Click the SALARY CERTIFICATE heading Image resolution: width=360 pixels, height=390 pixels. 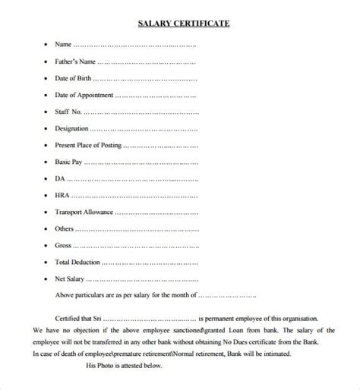(x=182, y=24)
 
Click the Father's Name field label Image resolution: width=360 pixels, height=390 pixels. (x=75, y=61)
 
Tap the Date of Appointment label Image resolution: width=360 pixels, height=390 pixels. (x=84, y=95)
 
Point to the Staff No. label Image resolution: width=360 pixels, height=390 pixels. (x=68, y=112)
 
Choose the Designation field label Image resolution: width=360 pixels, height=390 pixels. (x=71, y=128)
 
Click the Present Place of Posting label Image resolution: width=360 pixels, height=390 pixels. (x=87, y=145)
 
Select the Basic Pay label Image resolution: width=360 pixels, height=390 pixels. (x=68, y=162)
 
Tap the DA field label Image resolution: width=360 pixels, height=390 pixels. (x=59, y=178)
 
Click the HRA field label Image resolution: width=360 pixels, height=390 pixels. (x=62, y=195)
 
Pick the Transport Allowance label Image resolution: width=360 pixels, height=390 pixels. (x=84, y=212)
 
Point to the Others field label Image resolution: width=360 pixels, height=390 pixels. (x=64, y=228)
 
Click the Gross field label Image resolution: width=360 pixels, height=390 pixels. (x=63, y=245)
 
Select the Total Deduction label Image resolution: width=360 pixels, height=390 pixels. (x=77, y=262)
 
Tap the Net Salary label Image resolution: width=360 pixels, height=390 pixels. (x=70, y=278)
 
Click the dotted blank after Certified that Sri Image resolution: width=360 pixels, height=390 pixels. (x=159, y=319)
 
